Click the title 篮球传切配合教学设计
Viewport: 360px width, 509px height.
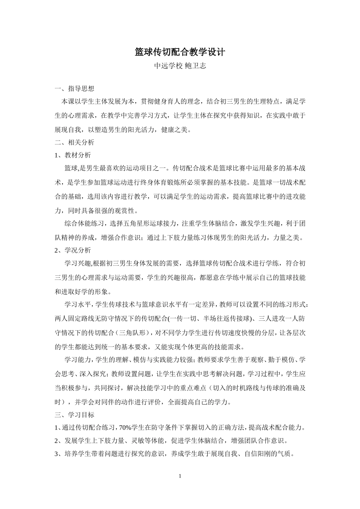click(x=180, y=52)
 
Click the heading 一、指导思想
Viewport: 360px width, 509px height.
click(x=74, y=89)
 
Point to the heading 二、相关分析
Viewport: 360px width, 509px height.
click(x=74, y=142)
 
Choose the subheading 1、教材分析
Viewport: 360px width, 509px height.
click(x=73, y=155)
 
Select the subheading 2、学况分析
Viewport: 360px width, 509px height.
click(x=73, y=250)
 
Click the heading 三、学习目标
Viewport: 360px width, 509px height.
click(x=74, y=415)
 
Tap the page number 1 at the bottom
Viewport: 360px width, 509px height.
click(x=180, y=476)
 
